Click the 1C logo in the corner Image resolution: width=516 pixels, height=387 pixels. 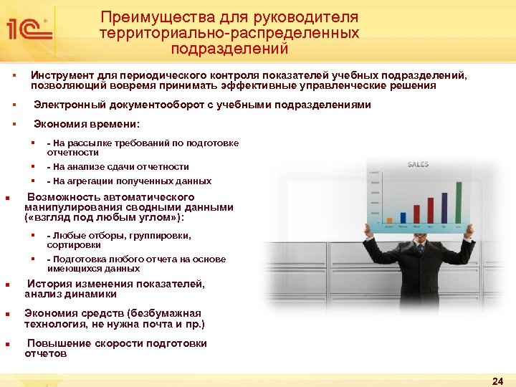[29, 29]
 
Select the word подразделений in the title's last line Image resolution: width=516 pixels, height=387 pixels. [229, 49]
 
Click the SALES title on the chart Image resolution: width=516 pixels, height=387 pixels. [418, 165]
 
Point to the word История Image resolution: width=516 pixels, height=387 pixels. [51, 285]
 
